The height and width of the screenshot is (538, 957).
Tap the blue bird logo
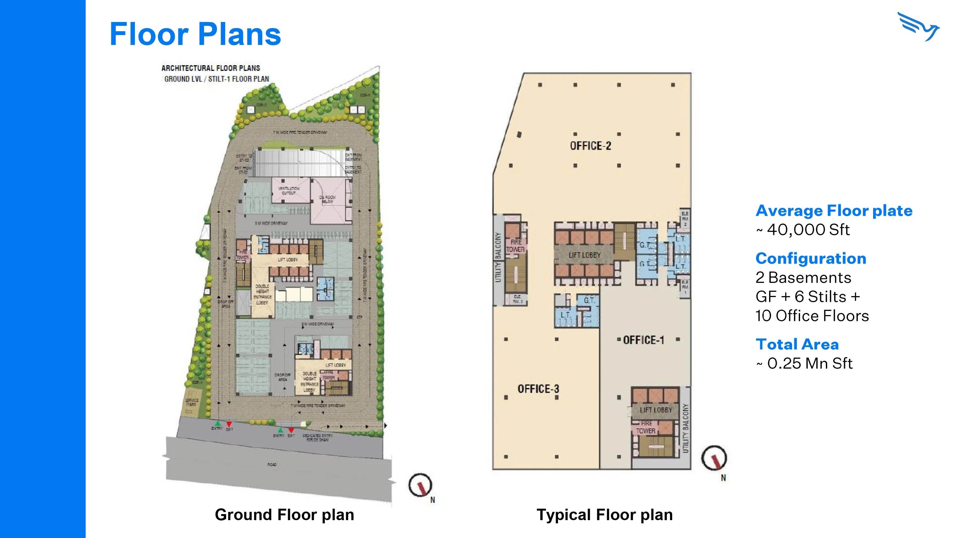pyautogui.click(x=918, y=27)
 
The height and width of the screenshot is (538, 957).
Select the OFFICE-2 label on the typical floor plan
pyautogui.click(x=590, y=146)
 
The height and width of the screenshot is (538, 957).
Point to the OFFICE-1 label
pyautogui.click(x=643, y=340)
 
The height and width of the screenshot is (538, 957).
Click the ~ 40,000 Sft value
pyautogui.click(x=803, y=230)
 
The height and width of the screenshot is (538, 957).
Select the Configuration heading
pyautogui.click(x=811, y=258)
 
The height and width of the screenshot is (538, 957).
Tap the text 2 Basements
pyautogui.click(x=803, y=278)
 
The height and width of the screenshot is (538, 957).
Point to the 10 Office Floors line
pyautogui.click(x=812, y=316)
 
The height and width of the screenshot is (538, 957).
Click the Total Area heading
pyautogui.click(x=797, y=344)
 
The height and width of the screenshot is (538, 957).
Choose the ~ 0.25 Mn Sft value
pyautogui.click(x=804, y=363)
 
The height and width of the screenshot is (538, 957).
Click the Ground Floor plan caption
pyautogui.click(x=284, y=515)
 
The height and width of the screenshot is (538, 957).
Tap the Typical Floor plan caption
pyautogui.click(x=605, y=515)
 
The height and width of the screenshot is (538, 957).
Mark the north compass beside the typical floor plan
pyautogui.click(x=714, y=458)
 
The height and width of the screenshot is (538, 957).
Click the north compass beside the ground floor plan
pyautogui.click(x=420, y=485)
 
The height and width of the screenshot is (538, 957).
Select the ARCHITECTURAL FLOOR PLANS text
pyautogui.click(x=211, y=68)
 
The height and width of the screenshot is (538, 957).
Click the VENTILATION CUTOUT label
pyautogui.click(x=289, y=191)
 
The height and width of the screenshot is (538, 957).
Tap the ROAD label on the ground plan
pyautogui.click(x=272, y=464)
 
